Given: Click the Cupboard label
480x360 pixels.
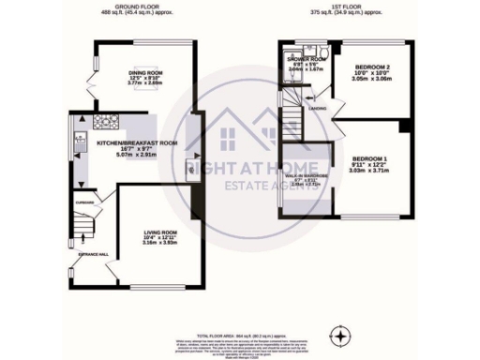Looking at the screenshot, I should coord(83,200).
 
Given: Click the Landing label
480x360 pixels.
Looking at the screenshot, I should coord(319,108).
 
